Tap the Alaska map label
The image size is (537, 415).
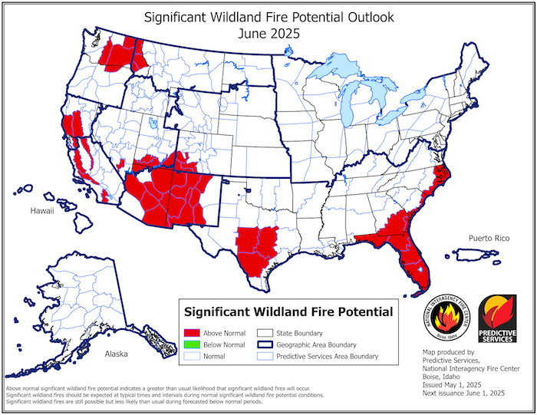pyautogui.click(x=116, y=354)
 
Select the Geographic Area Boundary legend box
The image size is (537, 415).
pyautogui.click(x=265, y=345)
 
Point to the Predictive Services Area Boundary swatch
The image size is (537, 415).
pyautogui.click(x=265, y=357)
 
